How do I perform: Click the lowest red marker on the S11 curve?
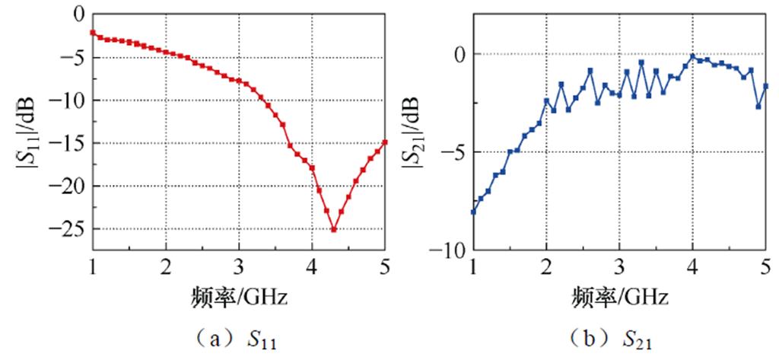[333, 229]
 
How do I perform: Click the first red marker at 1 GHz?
[93, 33]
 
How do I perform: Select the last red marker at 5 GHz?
[385, 142]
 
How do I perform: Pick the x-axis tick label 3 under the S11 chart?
[239, 266]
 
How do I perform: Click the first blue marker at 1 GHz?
[473, 212]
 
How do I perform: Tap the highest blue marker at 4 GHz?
[693, 56]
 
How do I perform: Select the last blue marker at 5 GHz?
[765, 86]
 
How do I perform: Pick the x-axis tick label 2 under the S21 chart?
[546, 266]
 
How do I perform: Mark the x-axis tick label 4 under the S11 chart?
[312, 266]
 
